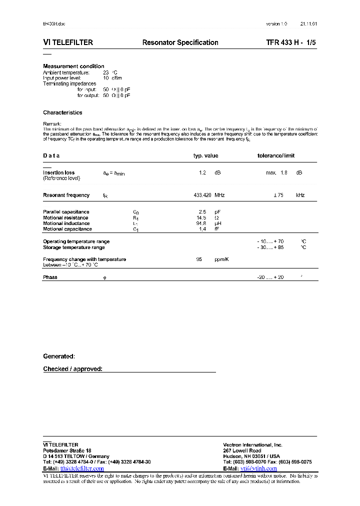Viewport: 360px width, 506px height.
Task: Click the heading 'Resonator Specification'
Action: point(180,42)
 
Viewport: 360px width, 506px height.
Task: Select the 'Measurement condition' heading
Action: point(73,66)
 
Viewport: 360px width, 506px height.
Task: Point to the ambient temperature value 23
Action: point(105,72)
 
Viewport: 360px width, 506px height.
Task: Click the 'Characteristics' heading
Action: point(62,112)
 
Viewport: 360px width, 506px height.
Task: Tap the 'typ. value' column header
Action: point(205,155)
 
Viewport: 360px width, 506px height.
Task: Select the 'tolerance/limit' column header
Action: point(275,155)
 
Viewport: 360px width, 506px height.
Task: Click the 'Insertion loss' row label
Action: point(58,172)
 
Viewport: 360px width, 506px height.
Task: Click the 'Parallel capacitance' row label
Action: point(66,212)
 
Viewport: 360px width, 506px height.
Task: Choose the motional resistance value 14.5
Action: point(201,217)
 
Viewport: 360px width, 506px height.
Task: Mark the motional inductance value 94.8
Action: point(201,223)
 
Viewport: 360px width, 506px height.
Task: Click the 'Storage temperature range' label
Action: point(73,247)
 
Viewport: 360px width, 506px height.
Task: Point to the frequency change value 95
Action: point(199,259)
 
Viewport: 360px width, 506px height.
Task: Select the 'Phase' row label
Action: point(50,277)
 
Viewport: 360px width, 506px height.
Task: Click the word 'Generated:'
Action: point(59,356)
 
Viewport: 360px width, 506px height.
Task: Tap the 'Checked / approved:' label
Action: point(72,369)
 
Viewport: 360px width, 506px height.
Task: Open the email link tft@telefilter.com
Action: point(81,468)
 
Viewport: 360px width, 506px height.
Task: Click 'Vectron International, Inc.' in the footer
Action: point(252,444)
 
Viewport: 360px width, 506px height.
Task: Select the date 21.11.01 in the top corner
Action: point(308,24)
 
